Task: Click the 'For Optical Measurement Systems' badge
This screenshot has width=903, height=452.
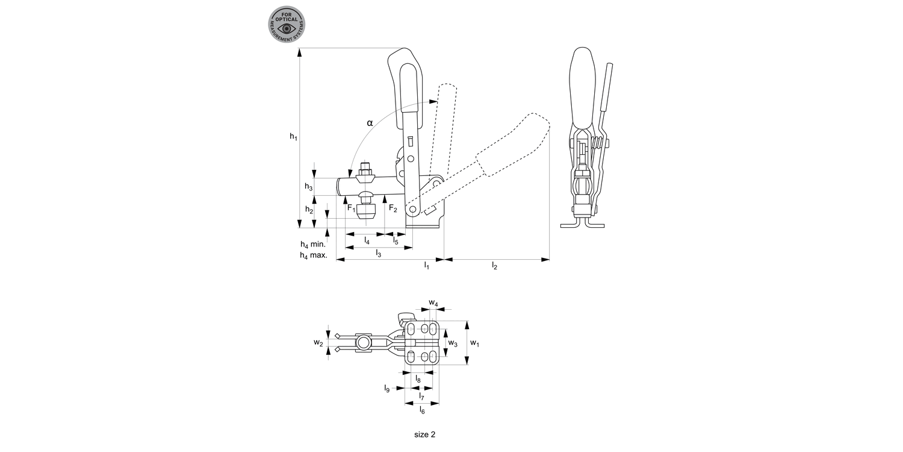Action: point(287,25)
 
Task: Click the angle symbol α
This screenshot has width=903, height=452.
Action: point(370,123)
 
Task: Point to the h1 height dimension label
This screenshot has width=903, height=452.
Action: point(293,137)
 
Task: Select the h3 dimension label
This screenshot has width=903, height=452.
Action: point(308,187)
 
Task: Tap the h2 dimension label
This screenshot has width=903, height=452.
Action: point(308,210)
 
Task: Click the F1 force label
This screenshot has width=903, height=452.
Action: point(351,208)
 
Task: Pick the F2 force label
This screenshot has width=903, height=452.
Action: point(393,209)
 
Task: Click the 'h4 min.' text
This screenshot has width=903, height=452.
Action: point(313,245)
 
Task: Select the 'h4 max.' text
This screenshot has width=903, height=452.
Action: point(313,256)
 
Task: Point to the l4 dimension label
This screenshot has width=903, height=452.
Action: point(367,240)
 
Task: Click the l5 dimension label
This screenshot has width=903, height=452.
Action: point(396,240)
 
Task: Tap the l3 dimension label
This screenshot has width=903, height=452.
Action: point(378,253)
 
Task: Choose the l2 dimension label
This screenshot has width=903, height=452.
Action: point(494,265)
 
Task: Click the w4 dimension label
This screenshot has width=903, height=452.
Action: point(433,302)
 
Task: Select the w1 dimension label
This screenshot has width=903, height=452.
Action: point(475,343)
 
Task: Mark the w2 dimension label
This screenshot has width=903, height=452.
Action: point(318,343)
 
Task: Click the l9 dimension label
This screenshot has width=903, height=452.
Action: point(387,389)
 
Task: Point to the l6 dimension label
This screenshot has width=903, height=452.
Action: point(422,410)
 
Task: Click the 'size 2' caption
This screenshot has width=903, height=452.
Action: point(424,434)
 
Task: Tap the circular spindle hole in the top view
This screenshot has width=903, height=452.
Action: point(364,343)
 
